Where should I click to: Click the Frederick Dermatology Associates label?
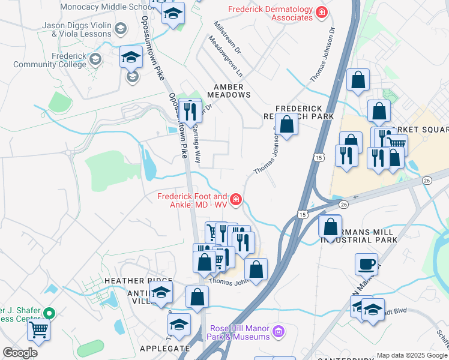270,14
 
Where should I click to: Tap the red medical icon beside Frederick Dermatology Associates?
322,11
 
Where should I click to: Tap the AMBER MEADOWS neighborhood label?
229,90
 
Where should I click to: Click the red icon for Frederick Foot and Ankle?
237,200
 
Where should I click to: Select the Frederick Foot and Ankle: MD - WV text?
192,200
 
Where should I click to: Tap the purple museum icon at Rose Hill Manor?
277,331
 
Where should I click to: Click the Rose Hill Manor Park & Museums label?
240,332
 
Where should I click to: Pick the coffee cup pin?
366,263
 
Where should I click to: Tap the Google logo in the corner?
20,353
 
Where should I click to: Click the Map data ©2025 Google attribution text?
411,355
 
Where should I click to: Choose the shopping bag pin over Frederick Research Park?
287,124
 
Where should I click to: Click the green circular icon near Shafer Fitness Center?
51,313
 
